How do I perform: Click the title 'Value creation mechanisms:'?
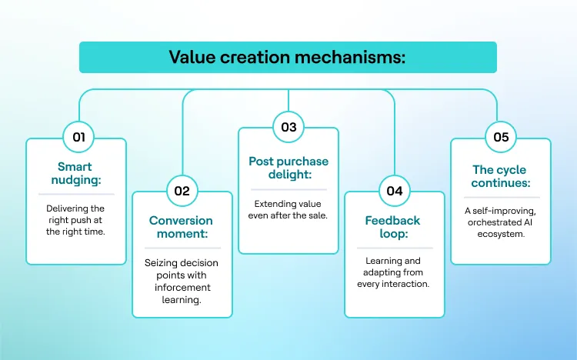click(x=288, y=58)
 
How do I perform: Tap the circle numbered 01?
click(x=78, y=138)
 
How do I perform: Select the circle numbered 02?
click(x=182, y=191)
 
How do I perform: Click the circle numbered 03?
click(x=288, y=127)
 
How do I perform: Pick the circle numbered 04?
click(x=394, y=191)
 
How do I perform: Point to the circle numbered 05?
click(x=500, y=138)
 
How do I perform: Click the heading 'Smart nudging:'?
click(x=75, y=173)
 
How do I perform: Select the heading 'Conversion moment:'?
click(x=182, y=228)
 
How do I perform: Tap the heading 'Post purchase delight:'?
click(x=288, y=168)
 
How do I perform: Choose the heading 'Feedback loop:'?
click(x=394, y=228)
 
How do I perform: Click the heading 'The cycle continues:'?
click(x=501, y=176)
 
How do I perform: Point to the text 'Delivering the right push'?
click(x=75, y=214)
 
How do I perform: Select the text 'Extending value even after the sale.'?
click(x=288, y=209)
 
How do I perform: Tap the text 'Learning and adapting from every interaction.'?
click(x=394, y=272)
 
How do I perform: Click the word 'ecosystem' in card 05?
click(x=501, y=235)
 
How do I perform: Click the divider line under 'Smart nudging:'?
click(x=75, y=194)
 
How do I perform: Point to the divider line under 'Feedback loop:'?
click(x=394, y=248)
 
